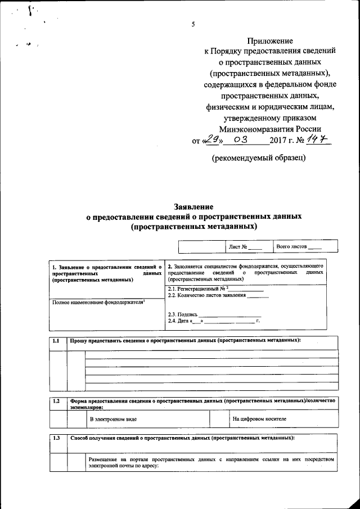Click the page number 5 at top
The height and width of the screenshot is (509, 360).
tap(193, 24)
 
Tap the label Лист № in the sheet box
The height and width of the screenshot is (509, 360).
tap(237, 247)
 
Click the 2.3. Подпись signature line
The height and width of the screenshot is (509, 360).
tap(230, 314)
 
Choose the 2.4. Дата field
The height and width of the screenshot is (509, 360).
tap(214, 321)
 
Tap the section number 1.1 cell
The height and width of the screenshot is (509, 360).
tap(56, 341)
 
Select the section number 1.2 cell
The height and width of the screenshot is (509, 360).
tap(56, 401)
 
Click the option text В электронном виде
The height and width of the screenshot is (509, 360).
tap(113, 419)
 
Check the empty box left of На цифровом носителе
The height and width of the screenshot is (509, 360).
tap(218, 419)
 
